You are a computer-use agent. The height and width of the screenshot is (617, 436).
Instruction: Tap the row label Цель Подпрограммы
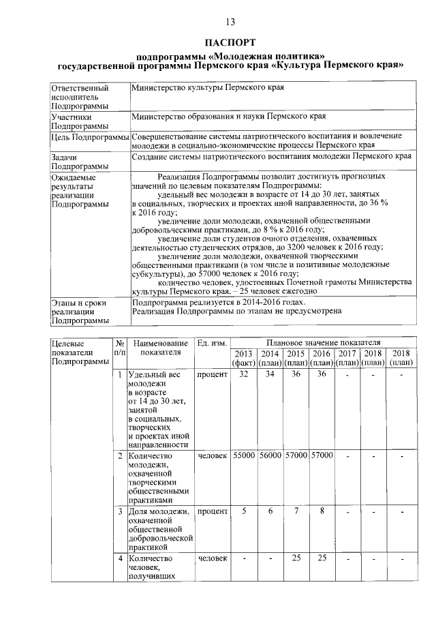[87, 136]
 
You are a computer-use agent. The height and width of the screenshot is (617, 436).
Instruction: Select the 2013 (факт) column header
[244, 357]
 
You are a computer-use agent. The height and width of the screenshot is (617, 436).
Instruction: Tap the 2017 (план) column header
[347, 357]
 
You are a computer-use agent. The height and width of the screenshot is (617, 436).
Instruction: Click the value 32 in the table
[244, 375]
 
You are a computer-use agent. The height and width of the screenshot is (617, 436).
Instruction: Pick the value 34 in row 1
[270, 375]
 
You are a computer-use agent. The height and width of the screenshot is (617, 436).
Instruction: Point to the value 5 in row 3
[244, 511]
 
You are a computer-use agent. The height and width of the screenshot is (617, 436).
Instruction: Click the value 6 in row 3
[270, 511]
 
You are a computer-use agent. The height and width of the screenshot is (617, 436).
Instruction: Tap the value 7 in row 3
[296, 511]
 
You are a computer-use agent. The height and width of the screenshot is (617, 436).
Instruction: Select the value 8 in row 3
[322, 511]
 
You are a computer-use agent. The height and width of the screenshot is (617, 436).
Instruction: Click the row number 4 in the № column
[120, 558]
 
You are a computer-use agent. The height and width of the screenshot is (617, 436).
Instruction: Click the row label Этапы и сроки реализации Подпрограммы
[74, 311]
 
